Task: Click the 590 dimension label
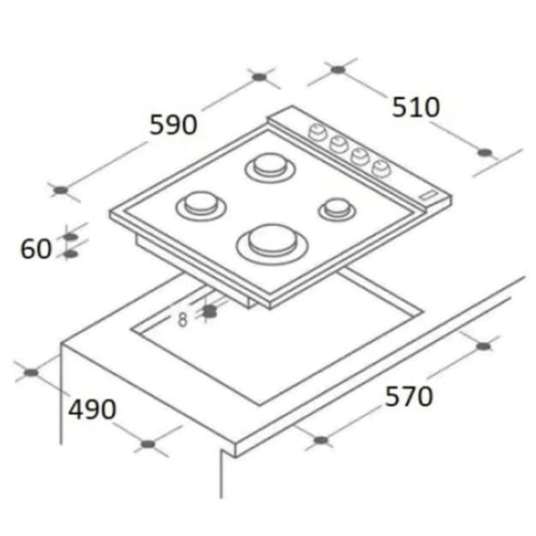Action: click(173, 124)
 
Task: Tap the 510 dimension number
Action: click(415, 107)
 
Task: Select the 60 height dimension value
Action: click(36, 248)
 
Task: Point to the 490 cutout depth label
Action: click(92, 409)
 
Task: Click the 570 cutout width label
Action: click(409, 396)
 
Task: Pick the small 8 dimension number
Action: click(183, 320)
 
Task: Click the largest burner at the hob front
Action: click(272, 244)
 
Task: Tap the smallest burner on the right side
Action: click(337, 209)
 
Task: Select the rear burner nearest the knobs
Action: click(270, 168)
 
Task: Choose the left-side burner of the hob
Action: click(201, 205)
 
